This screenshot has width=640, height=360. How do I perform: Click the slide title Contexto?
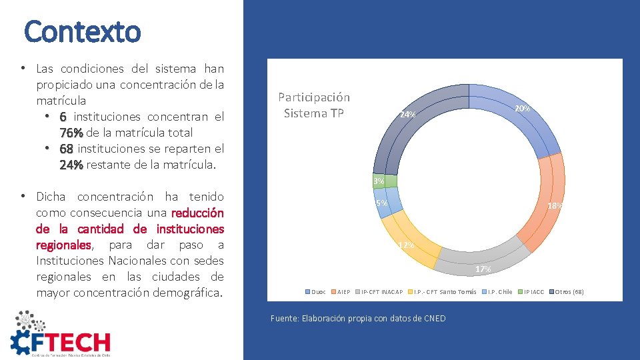[83, 31]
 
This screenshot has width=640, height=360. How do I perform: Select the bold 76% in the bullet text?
[70, 133]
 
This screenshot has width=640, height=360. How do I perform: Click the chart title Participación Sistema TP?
[314, 105]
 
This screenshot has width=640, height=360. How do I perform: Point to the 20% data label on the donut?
[522, 109]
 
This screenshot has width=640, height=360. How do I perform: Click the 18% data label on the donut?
[555, 206]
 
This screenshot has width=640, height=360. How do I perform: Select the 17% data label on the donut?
[483, 269]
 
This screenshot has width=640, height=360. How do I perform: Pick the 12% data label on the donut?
[406, 245]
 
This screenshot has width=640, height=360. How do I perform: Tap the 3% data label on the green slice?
[379, 181]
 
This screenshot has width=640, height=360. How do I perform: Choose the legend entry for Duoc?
[316, 292]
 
